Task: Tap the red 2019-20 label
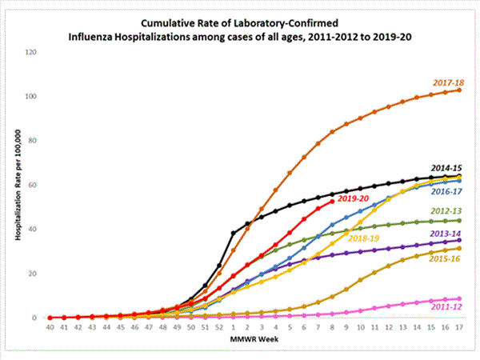[x=354, y=198]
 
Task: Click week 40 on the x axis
[x=50, y=327]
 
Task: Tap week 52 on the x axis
[x=219, y=327]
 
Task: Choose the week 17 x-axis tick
[x=458, y=327]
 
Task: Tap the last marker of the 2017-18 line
[x=458, y=90]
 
